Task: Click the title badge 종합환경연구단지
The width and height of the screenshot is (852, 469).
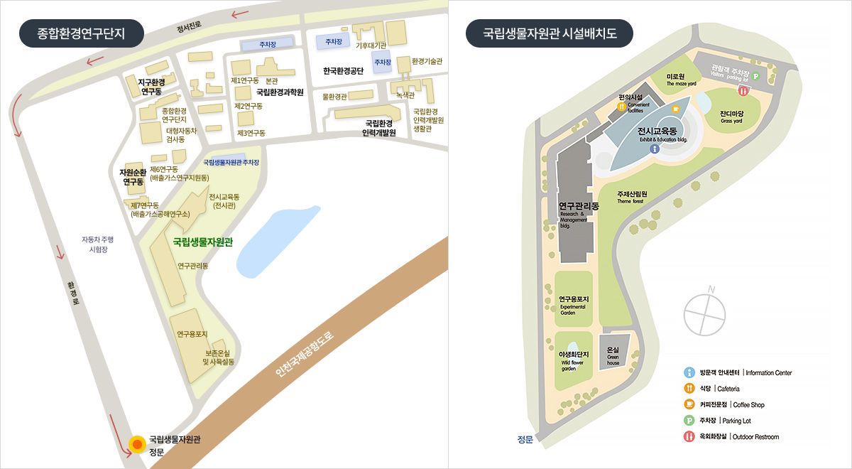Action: tap(81, 33)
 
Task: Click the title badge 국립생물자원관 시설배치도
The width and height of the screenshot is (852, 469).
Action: tap(549, 33)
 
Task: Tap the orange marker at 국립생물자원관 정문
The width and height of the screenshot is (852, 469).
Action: tap(137, 445)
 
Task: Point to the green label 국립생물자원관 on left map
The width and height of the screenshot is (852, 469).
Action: tap(203, 242)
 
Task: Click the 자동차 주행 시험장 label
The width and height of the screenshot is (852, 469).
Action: tap(97, 244)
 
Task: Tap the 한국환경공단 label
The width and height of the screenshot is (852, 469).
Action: tap(343, 70)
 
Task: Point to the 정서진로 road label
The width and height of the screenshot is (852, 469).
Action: tap(190, 27)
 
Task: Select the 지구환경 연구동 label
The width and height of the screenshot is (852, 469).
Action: tap(151, 86)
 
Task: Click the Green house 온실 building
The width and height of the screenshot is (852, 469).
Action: tap(613, 353)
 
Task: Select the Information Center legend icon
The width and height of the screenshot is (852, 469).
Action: tap(689, 372)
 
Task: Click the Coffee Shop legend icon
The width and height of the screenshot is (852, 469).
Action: tap(689, 404)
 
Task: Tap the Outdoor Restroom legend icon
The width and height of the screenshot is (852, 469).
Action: tap(689, 436)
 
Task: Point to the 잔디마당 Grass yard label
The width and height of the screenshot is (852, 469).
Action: tap(731, 116)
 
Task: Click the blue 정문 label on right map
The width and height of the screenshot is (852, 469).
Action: tap(525, 439)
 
